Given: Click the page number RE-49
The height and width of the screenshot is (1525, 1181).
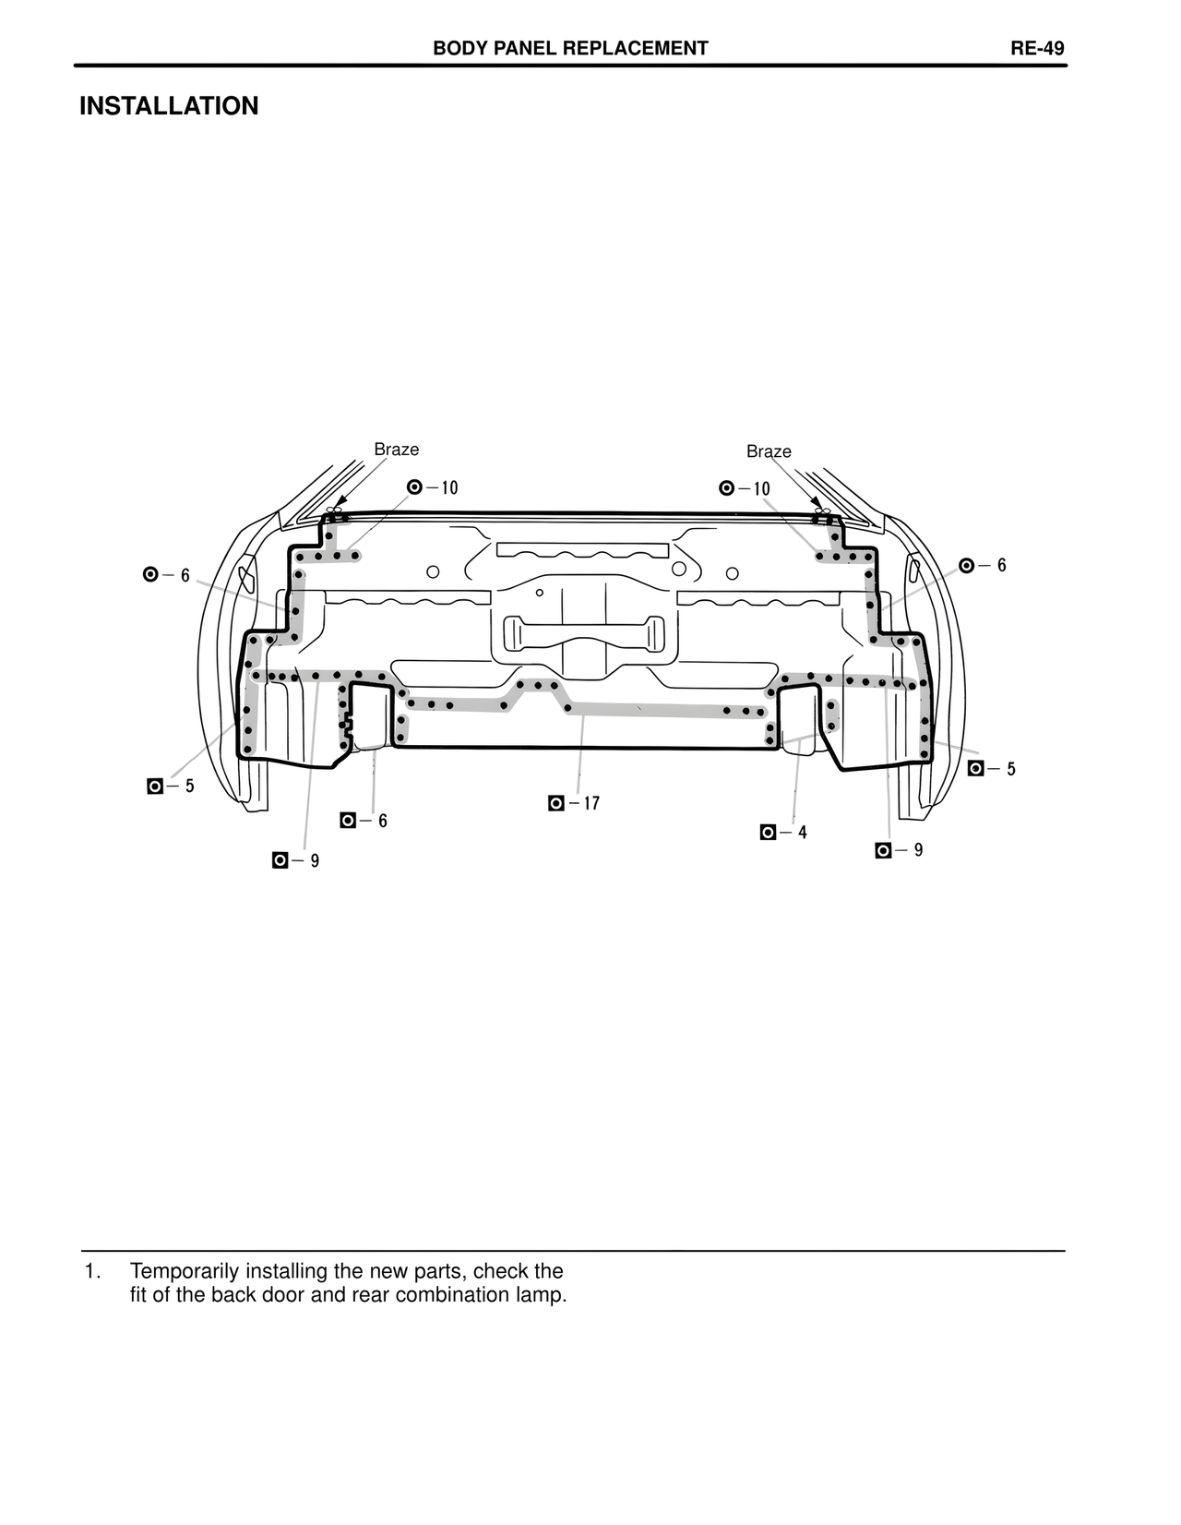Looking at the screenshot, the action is pos(1036,48).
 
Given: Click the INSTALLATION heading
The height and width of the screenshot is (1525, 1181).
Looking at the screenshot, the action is pos(169,106).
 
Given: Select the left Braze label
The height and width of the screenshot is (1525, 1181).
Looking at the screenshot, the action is pos(396,450).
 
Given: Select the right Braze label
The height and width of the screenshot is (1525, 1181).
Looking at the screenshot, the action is pos(769,451).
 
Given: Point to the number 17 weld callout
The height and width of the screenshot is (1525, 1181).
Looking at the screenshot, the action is pos(591,803).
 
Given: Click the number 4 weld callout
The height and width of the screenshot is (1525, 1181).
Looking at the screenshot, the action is pos(803,833).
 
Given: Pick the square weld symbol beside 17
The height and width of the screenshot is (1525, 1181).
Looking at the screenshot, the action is pos(556,803).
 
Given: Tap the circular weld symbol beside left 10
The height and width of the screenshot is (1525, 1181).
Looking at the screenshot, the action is pos(414,487).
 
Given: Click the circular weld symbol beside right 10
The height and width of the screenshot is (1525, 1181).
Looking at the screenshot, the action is pos(726,487).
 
